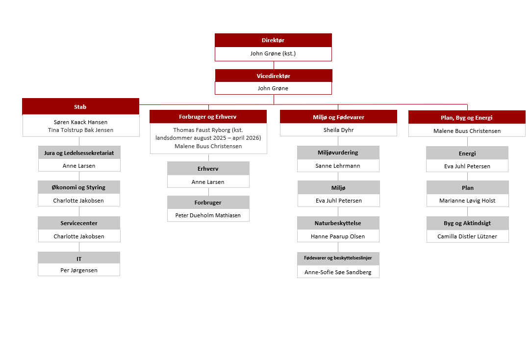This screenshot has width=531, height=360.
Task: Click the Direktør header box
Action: tap(273, 40)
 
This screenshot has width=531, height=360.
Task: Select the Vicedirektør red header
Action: tap(274, 76)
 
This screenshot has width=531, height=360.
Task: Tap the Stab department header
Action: tap(80, 106)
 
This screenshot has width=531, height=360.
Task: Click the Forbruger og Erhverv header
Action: tap(208, 117)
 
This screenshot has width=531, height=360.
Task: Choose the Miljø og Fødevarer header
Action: tap(338, 117)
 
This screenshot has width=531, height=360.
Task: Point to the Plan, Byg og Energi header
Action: tap(467, 117)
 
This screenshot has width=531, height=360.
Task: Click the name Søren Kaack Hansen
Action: tap(80, 122)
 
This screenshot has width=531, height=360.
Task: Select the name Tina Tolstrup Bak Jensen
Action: tap(80, 130)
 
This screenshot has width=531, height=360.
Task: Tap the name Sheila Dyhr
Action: tap(338, 130)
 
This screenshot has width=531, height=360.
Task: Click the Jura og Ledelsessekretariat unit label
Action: tap(79, 153)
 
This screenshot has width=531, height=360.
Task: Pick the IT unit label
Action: tap(79, 259)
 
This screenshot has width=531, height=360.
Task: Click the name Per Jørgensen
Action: tap(79, 270)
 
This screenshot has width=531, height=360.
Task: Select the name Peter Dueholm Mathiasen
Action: tap(208, 215)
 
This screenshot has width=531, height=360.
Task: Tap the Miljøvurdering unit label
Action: tap(338, 153)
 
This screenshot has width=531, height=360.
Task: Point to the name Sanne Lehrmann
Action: tap(338, 166)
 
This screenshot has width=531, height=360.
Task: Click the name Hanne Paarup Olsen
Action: tap(338, 236)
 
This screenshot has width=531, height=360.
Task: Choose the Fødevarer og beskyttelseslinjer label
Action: tap(338, 257)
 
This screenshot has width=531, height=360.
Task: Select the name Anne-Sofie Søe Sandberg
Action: tap(338, 272)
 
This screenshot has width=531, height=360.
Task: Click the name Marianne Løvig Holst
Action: tap(467, 201)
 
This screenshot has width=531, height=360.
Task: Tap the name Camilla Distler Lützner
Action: tap(467, 236)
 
